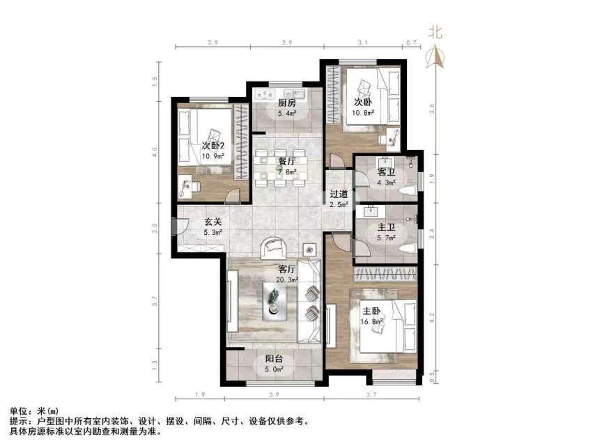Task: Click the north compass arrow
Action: [x=437, y=56]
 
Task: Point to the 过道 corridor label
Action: [x=339, y=194]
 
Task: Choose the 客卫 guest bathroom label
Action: [x=387, y=171]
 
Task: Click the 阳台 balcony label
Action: [x=273, y=360]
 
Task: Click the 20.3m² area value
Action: [x=288, y=279]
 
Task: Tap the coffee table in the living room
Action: [x=277, y=299]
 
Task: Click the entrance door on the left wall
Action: [x=176, y=226]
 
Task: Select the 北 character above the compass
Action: [x=436, y=31]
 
